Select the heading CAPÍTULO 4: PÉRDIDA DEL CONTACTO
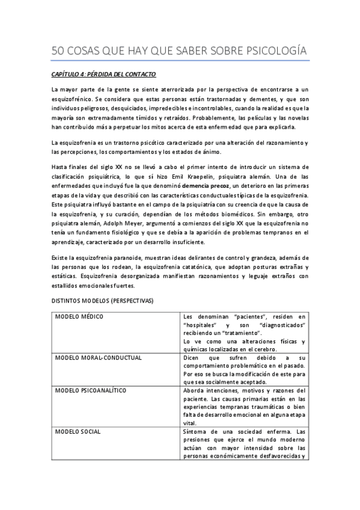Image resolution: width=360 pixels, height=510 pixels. pyautogui.click(x=103, y=75)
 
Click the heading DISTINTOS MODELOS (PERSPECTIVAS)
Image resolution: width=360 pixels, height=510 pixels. pyautogui.click(x=102, y=300)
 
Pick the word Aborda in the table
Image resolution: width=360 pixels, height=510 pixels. pyautogui.click(x=194, y=390)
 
